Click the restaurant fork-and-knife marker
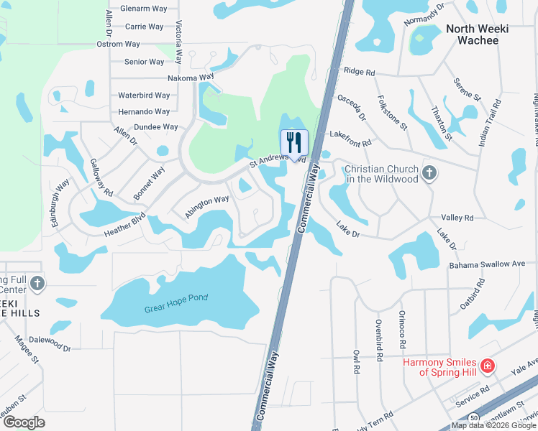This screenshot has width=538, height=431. point(293,141)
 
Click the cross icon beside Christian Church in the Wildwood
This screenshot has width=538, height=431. point(429,173)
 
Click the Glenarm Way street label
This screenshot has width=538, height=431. point(142,9)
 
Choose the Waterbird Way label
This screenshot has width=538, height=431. point(144,95)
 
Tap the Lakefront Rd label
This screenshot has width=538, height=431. point(350,134)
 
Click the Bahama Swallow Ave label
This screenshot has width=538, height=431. point(488,264)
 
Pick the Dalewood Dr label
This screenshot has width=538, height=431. point(47,348)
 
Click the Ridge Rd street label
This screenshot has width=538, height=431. point(360,72)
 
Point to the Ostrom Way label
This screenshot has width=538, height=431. point(118,44)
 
